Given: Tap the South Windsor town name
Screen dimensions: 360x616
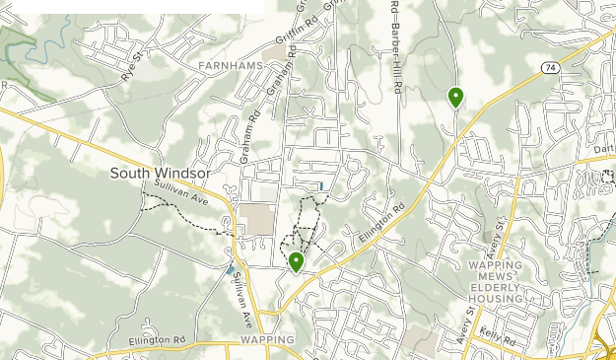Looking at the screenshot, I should (160, 173).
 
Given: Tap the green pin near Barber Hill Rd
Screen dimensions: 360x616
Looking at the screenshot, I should (455, 98).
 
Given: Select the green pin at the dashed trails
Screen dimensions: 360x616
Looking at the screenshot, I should (296, 262).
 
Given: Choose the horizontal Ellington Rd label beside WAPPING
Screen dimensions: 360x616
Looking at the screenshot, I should (160, 342).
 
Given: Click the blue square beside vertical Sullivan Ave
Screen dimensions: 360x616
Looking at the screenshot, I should (230, 269).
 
